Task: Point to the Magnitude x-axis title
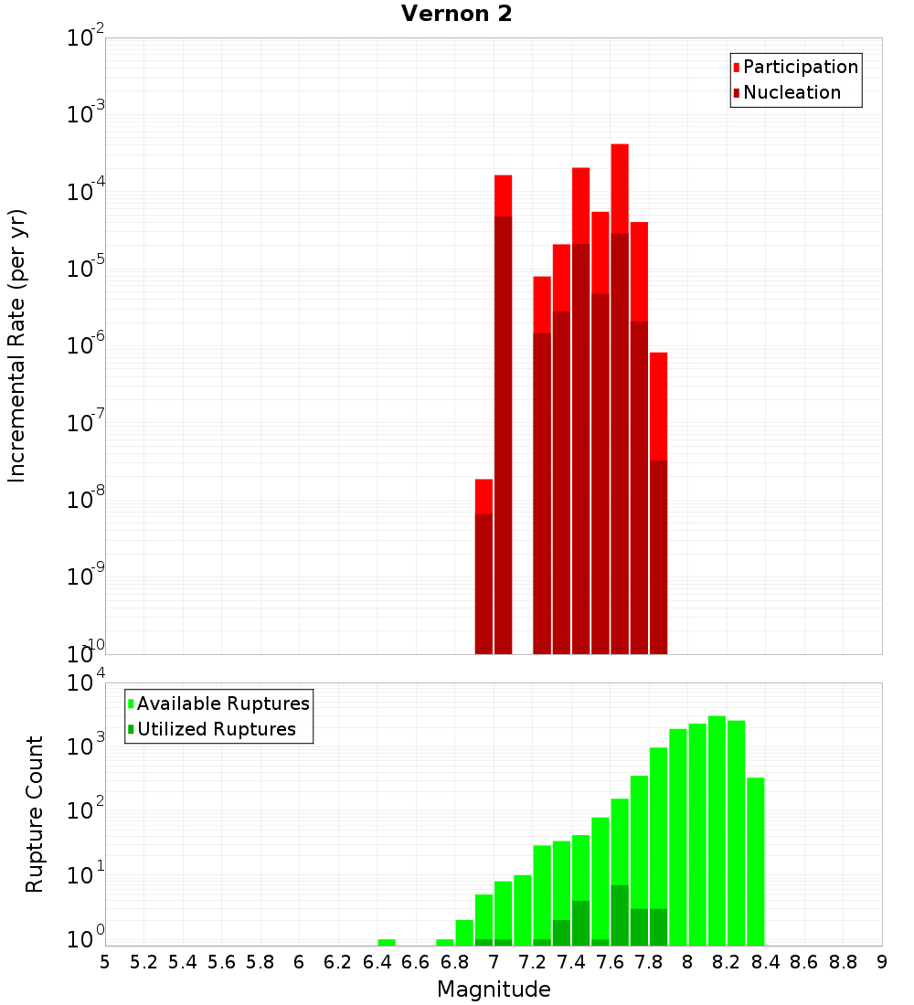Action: click(494, 989)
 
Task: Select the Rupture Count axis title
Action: click(35, 814)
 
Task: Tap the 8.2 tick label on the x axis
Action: click(727, 962)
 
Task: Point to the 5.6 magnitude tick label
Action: click(222, 962)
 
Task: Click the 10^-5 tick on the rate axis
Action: click(86, 269)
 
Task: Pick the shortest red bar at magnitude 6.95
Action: click(484, 566)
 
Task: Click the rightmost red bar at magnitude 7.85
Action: click(658, 503)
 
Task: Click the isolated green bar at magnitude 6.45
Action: click(387, 942)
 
